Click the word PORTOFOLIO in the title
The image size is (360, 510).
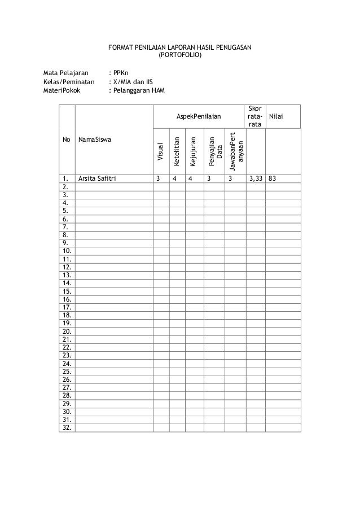[179, 56]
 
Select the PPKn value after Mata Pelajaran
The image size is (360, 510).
[121, 73]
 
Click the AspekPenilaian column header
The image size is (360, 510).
[199, 116]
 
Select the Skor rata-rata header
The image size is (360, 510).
[255, 116]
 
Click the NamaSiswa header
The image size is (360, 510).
[95, 138]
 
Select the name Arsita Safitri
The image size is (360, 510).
[100, 180]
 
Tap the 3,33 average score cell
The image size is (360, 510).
[255, 180]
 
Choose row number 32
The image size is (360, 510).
[67, 428]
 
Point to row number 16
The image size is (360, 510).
[67, 299]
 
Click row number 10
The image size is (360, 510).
[67, 250]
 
